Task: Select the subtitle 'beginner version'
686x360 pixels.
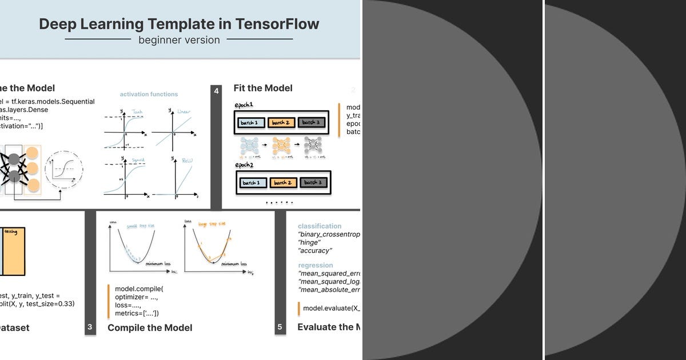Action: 179,40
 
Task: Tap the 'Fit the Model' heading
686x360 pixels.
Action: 262,88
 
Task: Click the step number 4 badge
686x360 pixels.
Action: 216,91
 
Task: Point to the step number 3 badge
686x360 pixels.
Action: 90,327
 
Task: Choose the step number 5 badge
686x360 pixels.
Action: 280,327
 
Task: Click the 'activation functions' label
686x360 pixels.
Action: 149,94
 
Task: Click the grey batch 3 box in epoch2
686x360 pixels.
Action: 311,183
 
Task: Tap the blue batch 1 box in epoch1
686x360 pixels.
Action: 250,122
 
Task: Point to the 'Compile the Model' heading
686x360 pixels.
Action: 150,328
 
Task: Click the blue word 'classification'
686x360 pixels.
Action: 320,226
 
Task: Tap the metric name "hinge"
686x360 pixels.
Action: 309,243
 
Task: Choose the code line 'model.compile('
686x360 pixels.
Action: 139,289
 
